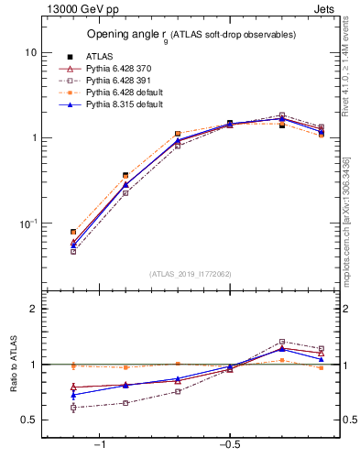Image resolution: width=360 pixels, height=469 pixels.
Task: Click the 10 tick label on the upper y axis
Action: click(x=30, y=53)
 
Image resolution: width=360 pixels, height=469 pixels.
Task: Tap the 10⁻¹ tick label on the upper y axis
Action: click(x=27, y=224)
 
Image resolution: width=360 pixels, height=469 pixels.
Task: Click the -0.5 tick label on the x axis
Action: click(x=229, y=445)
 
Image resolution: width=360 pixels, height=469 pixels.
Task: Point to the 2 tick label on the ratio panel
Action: click(x=33, y=309)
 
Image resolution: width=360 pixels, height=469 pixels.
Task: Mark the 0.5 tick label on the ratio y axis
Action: click(x=28, y=420)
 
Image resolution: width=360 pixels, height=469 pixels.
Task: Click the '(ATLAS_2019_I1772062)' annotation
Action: click(x=191, y=273)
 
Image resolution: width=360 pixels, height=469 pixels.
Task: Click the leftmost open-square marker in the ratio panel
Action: click(x=73, y=407)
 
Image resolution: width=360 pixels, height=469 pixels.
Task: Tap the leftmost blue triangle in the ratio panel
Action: click(x=73, y=395)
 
